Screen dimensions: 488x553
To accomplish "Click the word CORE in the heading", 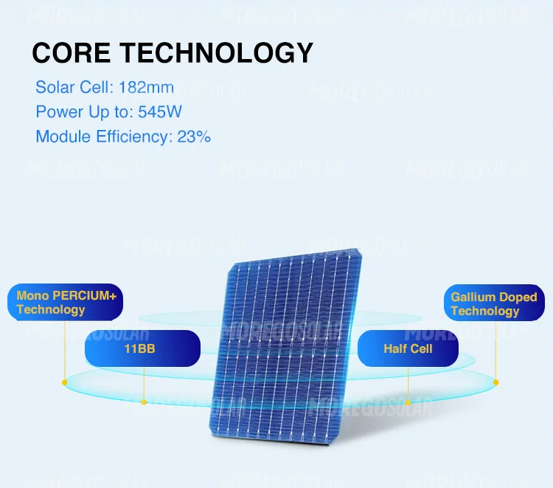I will [x=72, y=53].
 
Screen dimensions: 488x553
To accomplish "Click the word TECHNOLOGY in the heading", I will [x=216, y=53].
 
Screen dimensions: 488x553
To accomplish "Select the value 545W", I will [x=160, y=112].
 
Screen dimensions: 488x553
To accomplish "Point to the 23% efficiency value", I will [x=194, y=137].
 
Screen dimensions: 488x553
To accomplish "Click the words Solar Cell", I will [x=74, y=88].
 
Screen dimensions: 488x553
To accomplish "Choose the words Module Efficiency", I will [x=103, y=137].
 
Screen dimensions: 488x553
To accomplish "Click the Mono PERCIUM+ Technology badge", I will [x=67, y=303].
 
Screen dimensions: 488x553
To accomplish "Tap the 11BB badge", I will [x=142, y=348].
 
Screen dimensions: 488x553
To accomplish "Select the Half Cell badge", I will [x=408, y=348].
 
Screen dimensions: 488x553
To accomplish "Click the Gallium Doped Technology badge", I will [x=493, y=304].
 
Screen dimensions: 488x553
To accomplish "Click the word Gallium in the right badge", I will [x=473, y=298].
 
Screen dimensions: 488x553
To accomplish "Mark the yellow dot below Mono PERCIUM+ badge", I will [x=65, y=382].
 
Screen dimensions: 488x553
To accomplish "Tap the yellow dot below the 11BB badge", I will [x=144, y=402].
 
